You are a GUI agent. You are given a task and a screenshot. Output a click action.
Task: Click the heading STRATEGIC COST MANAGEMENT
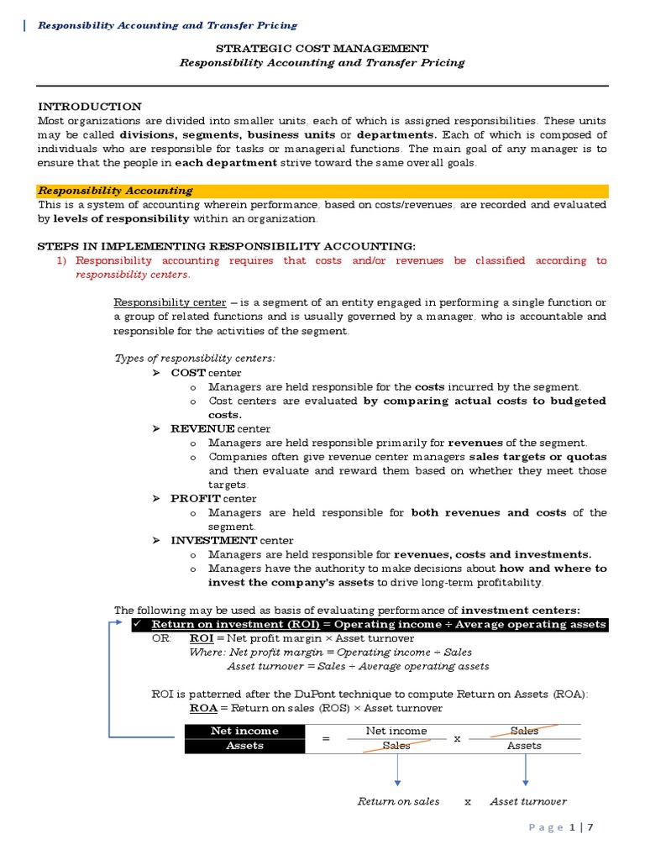322,49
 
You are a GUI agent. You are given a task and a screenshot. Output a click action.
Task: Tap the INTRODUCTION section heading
90,107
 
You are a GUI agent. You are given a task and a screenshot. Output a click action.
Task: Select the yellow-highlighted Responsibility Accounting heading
116,191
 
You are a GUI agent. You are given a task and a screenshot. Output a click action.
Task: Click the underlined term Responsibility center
170,302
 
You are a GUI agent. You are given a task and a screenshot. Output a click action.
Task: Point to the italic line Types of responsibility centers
194,359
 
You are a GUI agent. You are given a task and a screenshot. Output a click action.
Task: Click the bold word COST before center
188,373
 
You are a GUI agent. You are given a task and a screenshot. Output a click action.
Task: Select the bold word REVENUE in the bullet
202,428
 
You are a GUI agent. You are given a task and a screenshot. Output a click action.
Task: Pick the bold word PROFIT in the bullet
196,498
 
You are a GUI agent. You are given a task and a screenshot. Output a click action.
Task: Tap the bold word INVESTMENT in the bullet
213,540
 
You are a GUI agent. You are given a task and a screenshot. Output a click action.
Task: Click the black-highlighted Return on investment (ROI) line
378,625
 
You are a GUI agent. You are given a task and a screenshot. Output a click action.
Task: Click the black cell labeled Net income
244,731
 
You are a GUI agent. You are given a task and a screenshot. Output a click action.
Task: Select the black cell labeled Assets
244,745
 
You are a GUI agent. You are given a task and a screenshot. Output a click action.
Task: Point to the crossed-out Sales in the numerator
524,731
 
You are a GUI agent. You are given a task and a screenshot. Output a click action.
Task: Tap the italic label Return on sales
398,801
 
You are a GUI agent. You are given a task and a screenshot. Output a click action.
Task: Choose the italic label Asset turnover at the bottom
528,801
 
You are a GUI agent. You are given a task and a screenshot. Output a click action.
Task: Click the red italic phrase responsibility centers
127,275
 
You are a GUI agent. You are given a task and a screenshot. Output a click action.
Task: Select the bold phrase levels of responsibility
121,218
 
